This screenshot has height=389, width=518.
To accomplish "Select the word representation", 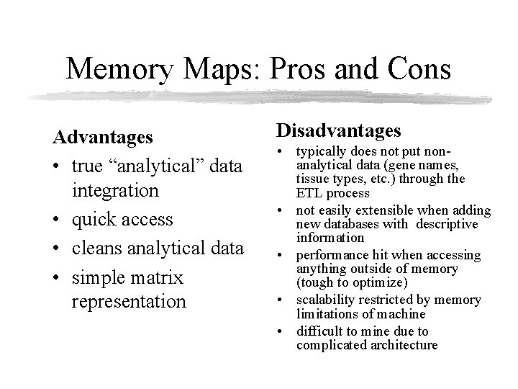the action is point(129,301).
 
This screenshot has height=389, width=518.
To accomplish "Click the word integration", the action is point(115,190).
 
